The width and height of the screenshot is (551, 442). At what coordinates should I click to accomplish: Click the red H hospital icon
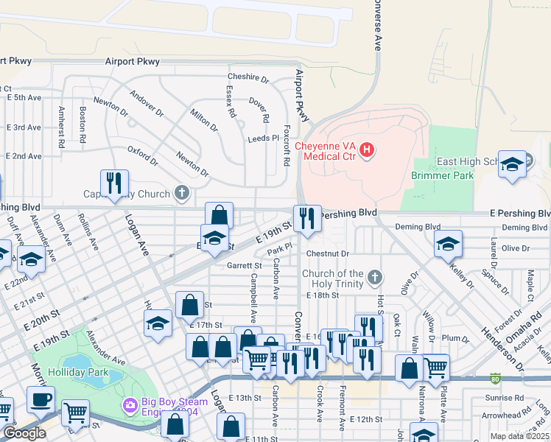[367, 151]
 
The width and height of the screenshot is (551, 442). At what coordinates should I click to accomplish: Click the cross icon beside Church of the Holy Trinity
[375, 277]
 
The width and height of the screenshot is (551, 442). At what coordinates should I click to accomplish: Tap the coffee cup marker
[41, 399]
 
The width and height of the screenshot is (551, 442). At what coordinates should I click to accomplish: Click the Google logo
[24, 433]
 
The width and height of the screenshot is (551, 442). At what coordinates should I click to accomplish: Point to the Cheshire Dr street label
[248, 77]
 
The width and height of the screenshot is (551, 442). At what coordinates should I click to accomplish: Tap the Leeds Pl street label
[264, 138]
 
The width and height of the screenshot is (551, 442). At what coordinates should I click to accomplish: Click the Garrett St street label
[245, 265]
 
